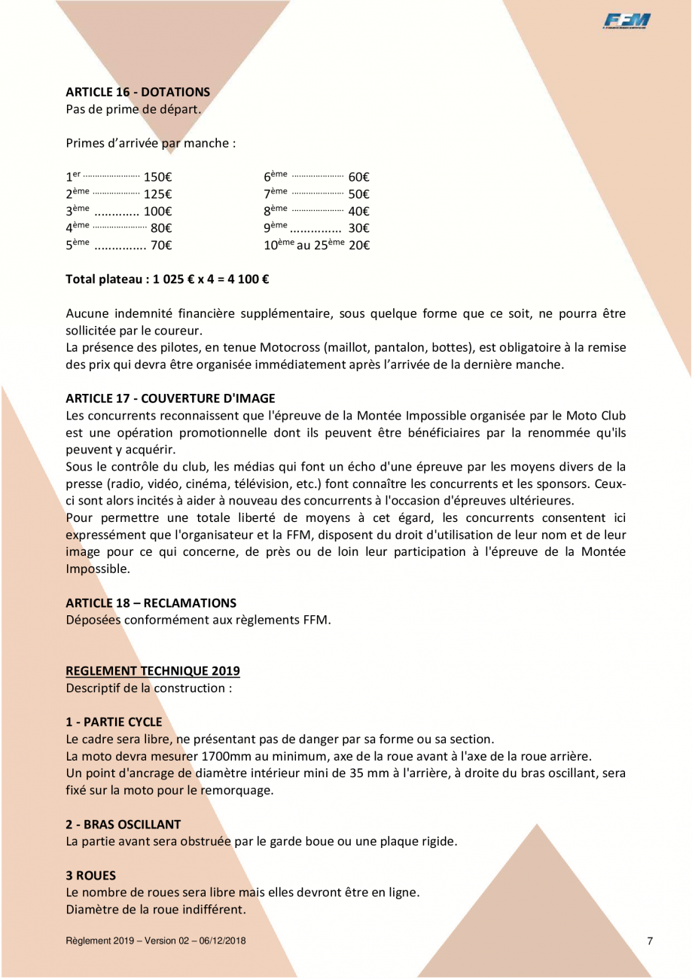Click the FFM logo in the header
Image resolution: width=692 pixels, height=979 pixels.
coord(626,22)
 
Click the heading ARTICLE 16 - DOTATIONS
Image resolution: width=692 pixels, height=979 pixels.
coord(138,92)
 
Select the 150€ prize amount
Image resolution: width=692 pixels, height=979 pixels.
coord(159,178)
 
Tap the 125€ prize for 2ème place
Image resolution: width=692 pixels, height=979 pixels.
coord(159,194)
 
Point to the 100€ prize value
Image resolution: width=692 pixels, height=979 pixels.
coord(159,212)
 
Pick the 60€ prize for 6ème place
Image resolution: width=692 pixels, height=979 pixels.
coord(358,178)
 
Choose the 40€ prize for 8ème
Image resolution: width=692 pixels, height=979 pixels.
coord(358,212)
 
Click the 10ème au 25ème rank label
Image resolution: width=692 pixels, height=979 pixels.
coord(303,245)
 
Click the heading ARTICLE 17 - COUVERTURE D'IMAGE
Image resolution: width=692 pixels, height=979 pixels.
coord(170,398)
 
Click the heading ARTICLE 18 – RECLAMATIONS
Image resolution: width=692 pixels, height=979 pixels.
coord(151,602)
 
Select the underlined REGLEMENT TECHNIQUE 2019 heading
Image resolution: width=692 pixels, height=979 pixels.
coord(153,670)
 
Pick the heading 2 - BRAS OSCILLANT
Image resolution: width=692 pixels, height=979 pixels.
coord(123,824)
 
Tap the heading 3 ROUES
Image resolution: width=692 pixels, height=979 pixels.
coord(90,875)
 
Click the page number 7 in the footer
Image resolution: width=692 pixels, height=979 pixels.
coord(650,941)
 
